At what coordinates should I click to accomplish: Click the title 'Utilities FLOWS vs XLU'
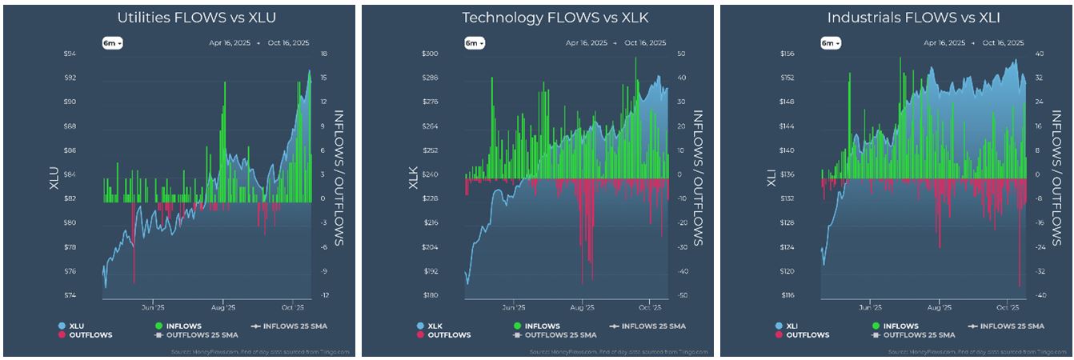pyautogui.click(x=179, y=16)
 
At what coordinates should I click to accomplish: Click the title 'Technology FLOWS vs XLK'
pyautogui.click(x=538, y=16)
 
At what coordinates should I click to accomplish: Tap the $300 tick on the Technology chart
pyautogui.click(x=430, y=54)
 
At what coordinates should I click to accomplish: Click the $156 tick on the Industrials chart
pyautogui.click(x=787, y=54)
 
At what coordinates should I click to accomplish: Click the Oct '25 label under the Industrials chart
pyautogui.click(x=1007, y=307)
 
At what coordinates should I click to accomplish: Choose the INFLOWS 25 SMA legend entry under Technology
pyautogui.click(x=645, y=326)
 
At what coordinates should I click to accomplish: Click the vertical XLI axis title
pyautogui.click(x=771, y=175)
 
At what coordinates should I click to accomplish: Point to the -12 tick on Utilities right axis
pyautogui.click(x=325, y=296)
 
